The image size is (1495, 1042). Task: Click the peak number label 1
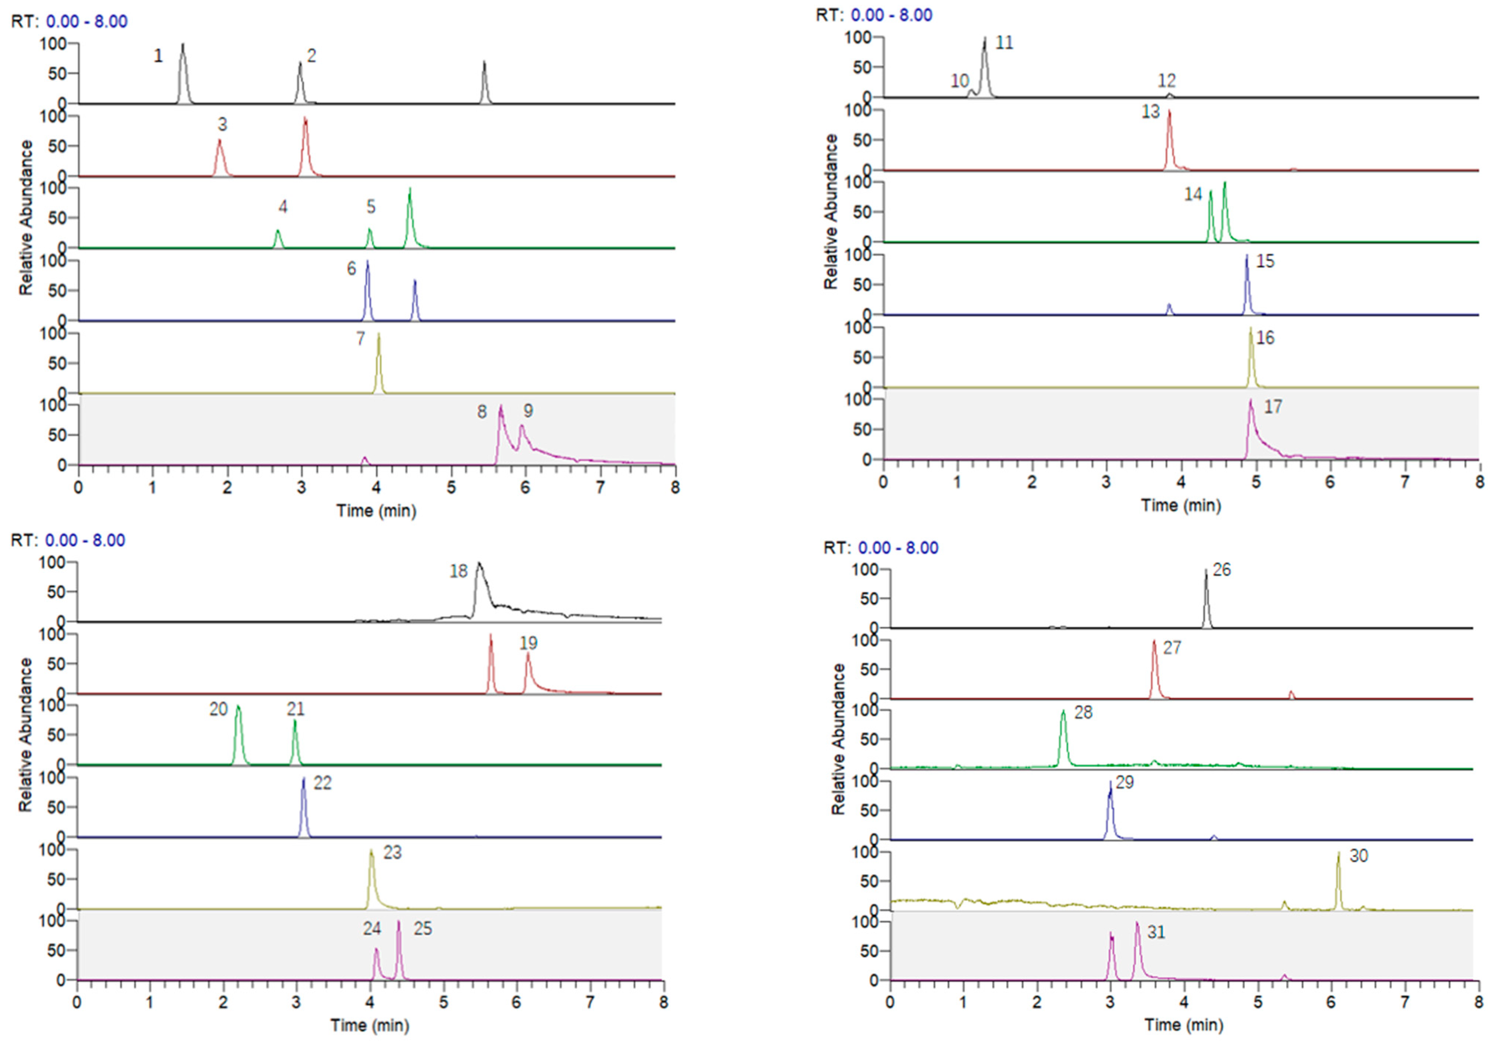click(x=158, y=57)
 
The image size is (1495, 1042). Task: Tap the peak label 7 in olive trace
click(x=360, y=339)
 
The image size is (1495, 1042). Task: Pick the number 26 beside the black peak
click(x=1222, y=570)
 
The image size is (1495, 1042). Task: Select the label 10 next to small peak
click(x=960, y=81)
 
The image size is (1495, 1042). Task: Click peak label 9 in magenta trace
click(x=528, y=411)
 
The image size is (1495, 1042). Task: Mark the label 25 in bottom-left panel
click(x=422, y=929)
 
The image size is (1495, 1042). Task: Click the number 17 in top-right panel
click(x=1273, y=407)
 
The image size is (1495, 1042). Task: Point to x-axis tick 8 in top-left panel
click(x=675, y=487)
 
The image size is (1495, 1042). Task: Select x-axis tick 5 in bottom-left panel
click(x=444, y=1002)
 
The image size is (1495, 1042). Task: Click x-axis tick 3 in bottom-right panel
click(x=1110, y=1002)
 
